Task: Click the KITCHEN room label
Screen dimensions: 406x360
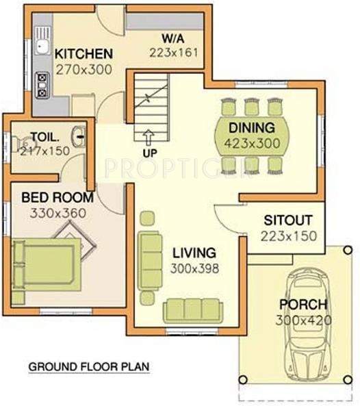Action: tap(83, 53)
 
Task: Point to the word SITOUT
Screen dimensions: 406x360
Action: tap(287, 220)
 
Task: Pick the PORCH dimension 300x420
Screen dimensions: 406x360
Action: tap(303, 320)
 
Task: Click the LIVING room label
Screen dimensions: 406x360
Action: tap(194, 253)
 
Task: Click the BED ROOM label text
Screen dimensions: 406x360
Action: tap(57, 197)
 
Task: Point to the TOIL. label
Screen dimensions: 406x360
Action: tap(45, 136)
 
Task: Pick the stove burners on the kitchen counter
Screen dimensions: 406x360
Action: tap(42, 83)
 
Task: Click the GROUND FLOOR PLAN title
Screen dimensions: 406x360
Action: tap(88, 367)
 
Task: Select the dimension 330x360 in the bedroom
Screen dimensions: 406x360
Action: tap(57, 213)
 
